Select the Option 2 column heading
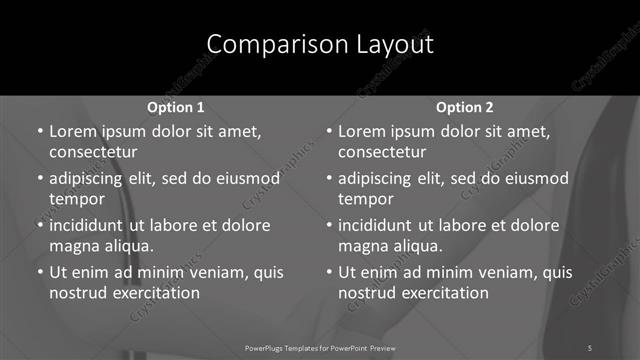pos(465,107)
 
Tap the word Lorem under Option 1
pos(71,132)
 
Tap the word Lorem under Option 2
pos(361,132)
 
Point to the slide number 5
pos(590,347)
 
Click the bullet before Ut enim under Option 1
pos(39,272)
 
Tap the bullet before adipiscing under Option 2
pos(329,179)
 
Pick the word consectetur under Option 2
pos(383,153)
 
